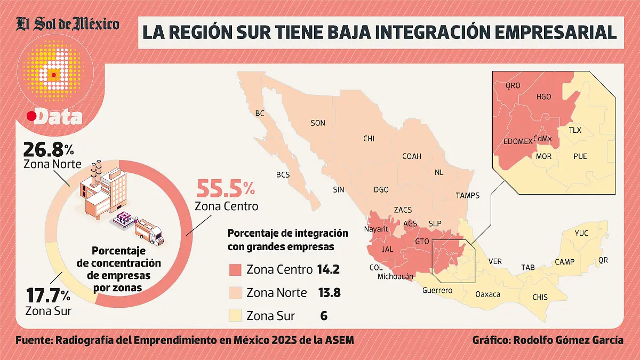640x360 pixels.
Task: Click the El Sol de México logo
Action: tap(67, 24)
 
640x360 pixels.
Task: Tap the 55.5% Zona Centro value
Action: tap(226, 189)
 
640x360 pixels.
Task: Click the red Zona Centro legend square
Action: tap(235, 270)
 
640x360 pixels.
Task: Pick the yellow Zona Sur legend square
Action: tap(235, 315)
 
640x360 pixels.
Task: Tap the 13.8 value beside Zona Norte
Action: tap(329, 293)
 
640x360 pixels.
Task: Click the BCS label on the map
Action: tap(283, 174)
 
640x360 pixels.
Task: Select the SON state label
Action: tap(318, 123)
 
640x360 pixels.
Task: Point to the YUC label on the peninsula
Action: tap(582, 233)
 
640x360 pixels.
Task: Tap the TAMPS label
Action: tap(468, 196)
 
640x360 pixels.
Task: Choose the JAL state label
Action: tap(388, 249)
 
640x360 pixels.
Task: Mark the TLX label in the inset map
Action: tap(575, 130)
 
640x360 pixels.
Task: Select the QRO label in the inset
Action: tap(513, 85)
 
